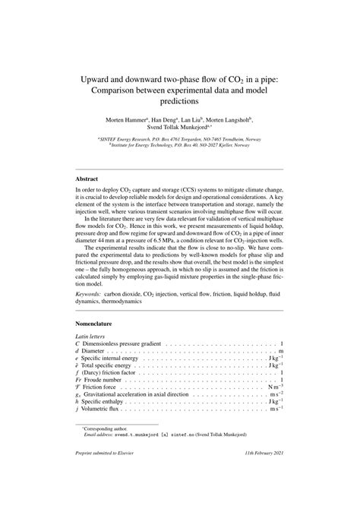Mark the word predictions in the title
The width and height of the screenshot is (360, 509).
pyautogui.click(x=179, y=100)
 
